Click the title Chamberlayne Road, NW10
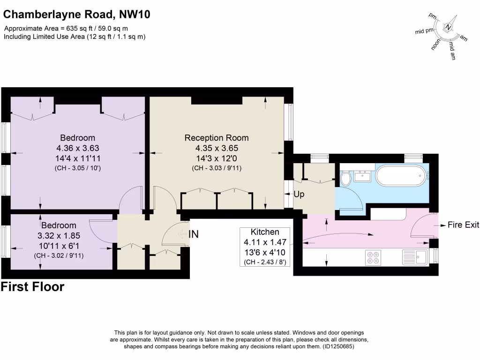[x=77, y=15]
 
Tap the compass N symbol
[x=449, y=28]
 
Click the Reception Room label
[x=217, y=138]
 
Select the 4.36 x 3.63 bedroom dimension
[x=77, y=148]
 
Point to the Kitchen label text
[x=265, y=232]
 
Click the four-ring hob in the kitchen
[x=373, y=257]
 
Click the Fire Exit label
[x=463, y=225]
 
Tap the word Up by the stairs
[x=299, y=194]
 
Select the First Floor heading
[x=33, y=287]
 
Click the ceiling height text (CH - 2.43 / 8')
[x=265, y=262]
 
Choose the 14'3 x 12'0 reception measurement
[x=217, y=158]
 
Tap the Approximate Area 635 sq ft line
[x=66, y=29]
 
